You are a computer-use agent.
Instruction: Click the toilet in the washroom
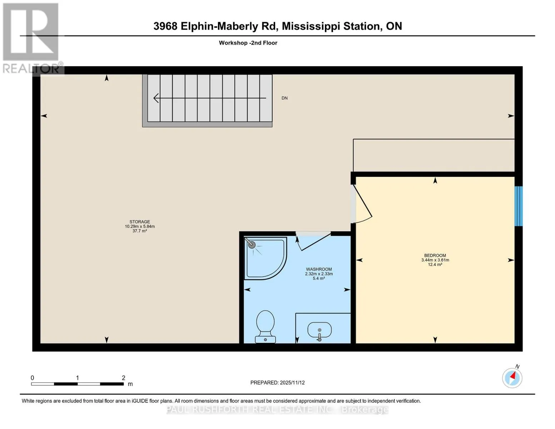pyautogui.click(x=266, y=326)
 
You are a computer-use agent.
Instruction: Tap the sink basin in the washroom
pyautogui.click(x=319, y=330)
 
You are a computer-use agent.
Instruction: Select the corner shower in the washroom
pyautogui.click(x=266, y=258)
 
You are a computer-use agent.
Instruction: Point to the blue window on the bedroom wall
pyautogui.click(x=519, y=206)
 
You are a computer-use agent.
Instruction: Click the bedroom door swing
pyautogui.click(x=363, y=204)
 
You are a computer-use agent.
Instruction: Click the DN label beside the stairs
pyautogui.click(x=284, y=98)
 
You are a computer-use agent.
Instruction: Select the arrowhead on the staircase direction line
pyautogui.click(x=156, y=98)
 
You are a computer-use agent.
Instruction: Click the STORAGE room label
pyautogui.click(x=140, y=222)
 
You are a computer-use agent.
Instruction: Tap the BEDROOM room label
pyautogui.click(x=435, y=255)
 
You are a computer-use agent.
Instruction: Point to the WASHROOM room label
pyautogui.click(x=319, y=269)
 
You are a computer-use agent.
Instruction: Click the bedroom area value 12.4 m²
pyautogui.click(x=435, y=265)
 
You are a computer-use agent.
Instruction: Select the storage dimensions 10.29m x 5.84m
pyautogui.click(x=140, y=226)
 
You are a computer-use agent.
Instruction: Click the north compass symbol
pyautogui.click(x=512, y=378)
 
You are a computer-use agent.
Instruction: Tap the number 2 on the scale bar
pyautogui.click(x=124, y=378)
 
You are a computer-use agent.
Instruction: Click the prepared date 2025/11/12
pyautogui.click(x=292, y=383)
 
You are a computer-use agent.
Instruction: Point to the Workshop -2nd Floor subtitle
pyautogui.click(x=248, y=43)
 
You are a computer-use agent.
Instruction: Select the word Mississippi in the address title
pyautogui.click(x=311, y=26)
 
